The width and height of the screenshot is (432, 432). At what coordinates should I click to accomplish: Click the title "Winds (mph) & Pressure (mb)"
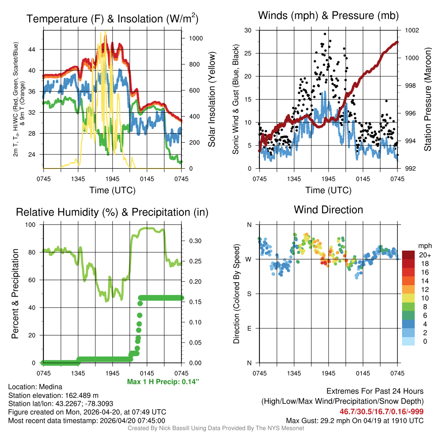click(328, 16)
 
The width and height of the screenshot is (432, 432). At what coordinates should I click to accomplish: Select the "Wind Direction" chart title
click(328, 210)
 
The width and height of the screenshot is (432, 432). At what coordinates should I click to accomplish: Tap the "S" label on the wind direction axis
click(249, 294)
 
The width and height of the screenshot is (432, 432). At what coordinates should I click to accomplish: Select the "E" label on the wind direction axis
click(249, 328)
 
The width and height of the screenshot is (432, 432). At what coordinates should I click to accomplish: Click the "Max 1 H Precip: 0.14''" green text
click(163, 382)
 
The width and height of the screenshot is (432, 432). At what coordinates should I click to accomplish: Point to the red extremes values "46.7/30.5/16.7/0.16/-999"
click(382, 411)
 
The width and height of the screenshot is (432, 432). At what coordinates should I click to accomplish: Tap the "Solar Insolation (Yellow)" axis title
click(212, 100)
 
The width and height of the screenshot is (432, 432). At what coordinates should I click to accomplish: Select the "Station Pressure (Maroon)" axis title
click(427, 100)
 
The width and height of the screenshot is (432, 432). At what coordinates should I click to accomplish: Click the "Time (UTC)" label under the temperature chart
click(112, 190)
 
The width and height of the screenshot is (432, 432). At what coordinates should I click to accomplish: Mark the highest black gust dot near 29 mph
click(325, 34)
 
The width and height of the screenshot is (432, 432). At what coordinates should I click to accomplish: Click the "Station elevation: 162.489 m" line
click(53, 395)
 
